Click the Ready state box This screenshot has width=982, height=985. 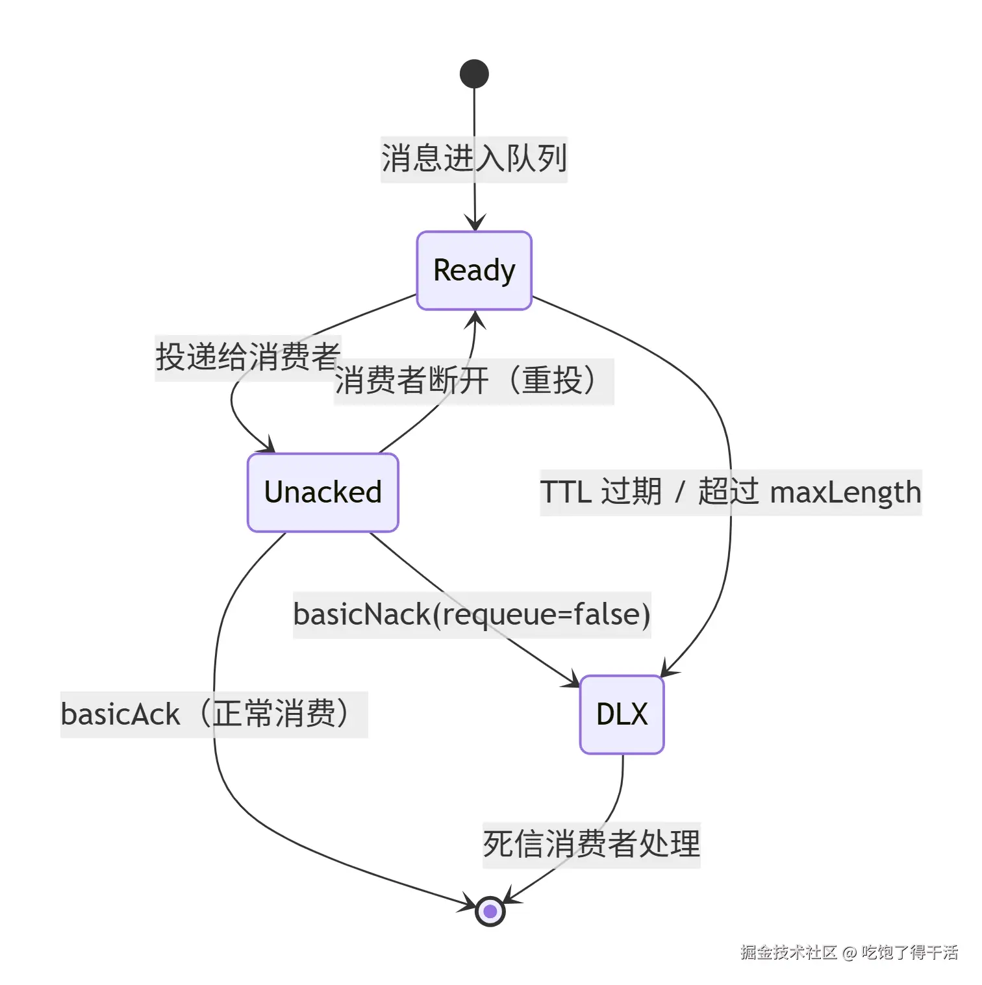point(474,270)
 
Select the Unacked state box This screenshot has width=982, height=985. point(323,492)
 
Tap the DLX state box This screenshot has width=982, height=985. point(622,714)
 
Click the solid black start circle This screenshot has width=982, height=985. point(474,73)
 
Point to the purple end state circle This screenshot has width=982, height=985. point(490,911)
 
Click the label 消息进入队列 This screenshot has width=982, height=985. point(474,158)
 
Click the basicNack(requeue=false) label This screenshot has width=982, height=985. point(472,614)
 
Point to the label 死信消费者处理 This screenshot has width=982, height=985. point(592,844)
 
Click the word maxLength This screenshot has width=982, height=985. point(846,493)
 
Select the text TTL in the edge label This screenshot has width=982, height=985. point(565,492)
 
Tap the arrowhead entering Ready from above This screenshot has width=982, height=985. point(475,223)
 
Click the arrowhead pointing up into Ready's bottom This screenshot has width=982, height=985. point(475,319)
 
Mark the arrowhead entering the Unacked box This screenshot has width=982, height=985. point(266,445)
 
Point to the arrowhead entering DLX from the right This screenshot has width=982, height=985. point(668,668)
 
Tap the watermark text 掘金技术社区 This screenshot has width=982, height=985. point(788,952)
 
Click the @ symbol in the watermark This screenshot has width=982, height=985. point(849,953)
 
